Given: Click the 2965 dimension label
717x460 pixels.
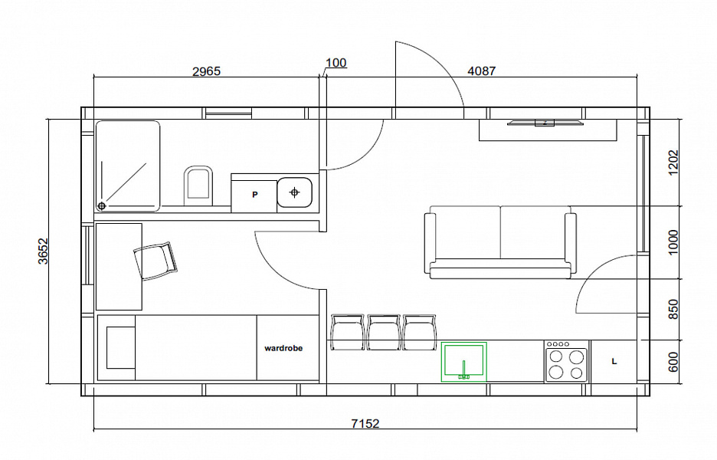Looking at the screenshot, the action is click(x=206, y=71).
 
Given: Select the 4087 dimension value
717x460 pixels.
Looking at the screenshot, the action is click(x=482, y=71).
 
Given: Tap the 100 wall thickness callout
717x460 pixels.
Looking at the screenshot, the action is click(x=336, y=63).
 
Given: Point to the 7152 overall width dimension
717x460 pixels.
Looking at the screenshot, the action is click(x=365, y=423).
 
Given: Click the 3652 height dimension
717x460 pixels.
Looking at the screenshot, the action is click(x=43, y=251).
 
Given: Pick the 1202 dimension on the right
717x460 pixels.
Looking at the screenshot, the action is click(x=673, y=163).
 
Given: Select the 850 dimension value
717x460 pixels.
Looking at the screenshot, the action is click(x=673, y=310).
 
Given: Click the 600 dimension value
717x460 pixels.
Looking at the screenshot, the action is click(x=673, y=362).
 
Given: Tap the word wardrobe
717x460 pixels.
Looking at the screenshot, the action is click(x=283, y=348).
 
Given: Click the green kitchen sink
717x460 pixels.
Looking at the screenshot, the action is click(x=463, y=362).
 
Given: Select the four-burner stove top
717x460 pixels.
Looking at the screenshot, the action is click(x=566, y=361).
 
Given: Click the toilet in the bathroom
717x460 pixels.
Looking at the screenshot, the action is click(x=198, y=186).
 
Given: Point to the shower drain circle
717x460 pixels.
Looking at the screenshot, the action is click(x=102, y=206).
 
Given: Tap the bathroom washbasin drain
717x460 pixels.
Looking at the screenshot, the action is click(x=294, y=192).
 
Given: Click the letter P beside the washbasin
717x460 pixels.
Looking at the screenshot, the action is click(x=255, y=195).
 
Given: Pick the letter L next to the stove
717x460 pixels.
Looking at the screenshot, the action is click(x=614, y=361).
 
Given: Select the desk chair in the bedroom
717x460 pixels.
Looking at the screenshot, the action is click(x=155, y=261).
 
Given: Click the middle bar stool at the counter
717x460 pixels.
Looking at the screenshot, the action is click(x=384, y=332).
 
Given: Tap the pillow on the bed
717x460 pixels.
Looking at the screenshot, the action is click(x=121, y=347).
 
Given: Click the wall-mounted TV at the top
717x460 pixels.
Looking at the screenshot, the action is click(x=545, y=122).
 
